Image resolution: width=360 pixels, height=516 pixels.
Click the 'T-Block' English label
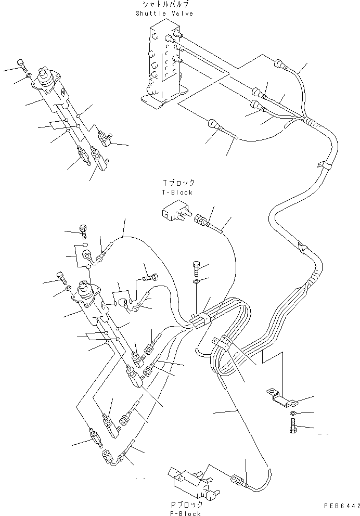coord(178,192)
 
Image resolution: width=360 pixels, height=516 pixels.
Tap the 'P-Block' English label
coord(185,513)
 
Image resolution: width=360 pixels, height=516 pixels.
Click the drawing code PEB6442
coord(340,505)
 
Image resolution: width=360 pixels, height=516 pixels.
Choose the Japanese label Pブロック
coord(185,505)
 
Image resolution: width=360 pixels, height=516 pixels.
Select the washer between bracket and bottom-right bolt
coord(293,413)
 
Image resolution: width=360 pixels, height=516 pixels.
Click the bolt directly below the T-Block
coord(197,268)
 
